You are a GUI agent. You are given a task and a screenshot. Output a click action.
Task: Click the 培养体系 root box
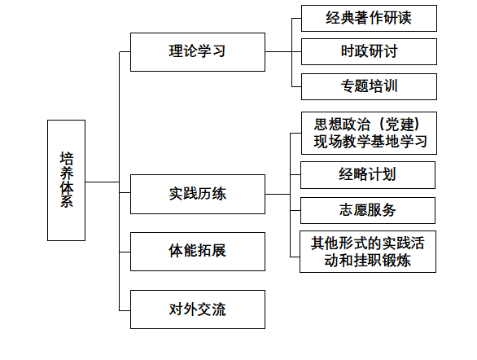[66, 181]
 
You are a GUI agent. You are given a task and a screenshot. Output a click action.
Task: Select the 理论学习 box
[198, 52]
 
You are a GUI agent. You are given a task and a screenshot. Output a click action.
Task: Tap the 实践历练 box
[198, 194]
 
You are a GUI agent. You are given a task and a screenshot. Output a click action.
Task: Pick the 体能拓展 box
[198, 252]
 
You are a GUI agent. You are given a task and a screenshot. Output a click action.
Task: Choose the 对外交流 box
[198, 310]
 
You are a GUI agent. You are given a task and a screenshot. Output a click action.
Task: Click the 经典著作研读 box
[369, 18]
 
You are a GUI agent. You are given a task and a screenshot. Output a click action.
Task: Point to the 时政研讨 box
[369, 52]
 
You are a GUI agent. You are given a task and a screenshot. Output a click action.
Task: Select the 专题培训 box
[369, 86]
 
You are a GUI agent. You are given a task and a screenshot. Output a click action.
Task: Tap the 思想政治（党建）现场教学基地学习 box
[369, 134]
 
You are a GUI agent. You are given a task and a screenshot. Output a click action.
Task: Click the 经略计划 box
[368, 175]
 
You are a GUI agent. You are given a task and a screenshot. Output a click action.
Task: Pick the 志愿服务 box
[368, 211]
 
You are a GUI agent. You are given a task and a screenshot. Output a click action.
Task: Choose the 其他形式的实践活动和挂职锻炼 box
[368, 252]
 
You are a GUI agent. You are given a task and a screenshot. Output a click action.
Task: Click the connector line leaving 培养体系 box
[103, 182]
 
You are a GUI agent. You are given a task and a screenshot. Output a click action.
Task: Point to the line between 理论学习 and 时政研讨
[283, 52]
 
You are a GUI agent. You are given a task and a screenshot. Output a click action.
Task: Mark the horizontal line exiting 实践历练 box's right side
[278, 194]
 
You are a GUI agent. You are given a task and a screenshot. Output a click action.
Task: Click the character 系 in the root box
[67, 201]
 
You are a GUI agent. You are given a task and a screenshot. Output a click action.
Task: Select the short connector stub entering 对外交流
[125, 310]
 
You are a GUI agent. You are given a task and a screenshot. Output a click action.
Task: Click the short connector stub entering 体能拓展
[125, 252]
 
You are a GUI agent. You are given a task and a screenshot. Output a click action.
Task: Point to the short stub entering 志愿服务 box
[295, 210]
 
